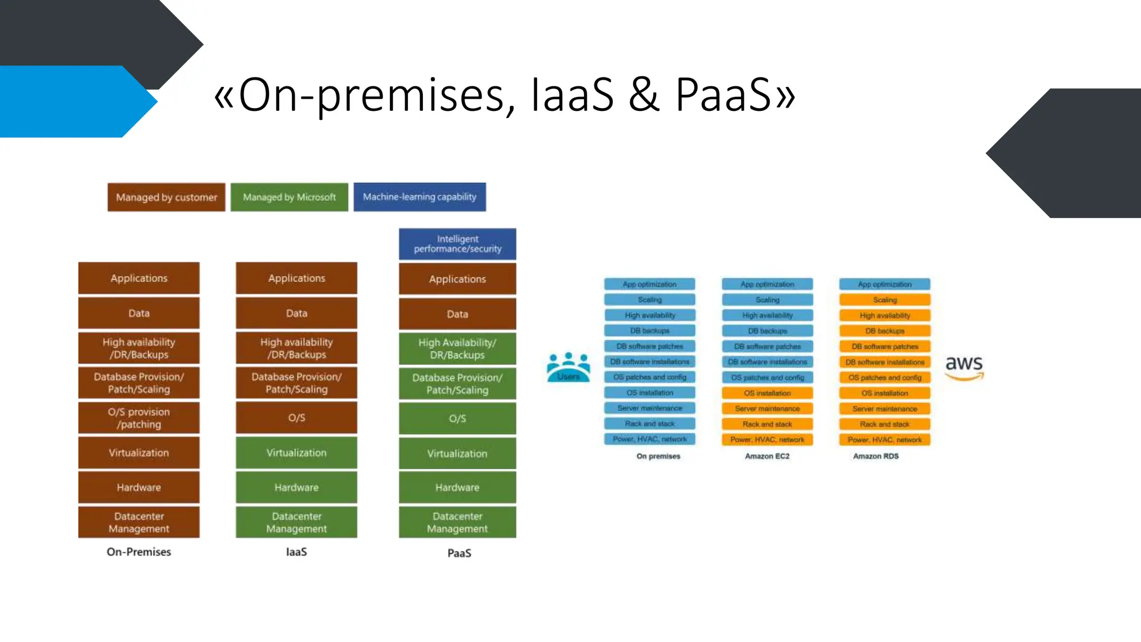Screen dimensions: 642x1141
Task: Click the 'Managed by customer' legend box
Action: pyautogui.click(x=166, y=197)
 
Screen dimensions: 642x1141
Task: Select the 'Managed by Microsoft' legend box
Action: pyautogui.click(x=289, y=197)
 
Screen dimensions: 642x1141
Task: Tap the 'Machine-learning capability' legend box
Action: pyautogui.click(x=420, y=197)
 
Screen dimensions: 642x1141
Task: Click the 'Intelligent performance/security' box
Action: pyautogui.click(x=457, y=244)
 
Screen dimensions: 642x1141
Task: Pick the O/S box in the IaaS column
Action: pyautogui.click(x=296, y=417)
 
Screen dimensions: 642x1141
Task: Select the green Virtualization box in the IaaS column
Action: pyautogui.click(x=296, y=453)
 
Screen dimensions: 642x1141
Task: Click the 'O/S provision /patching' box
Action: pyautogui.click(x=139, y=418)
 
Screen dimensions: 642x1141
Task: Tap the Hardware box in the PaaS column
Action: pyautogui.click(x=457, y=487)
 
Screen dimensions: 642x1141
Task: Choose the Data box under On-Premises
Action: pyautogui.click(x=139, y=313)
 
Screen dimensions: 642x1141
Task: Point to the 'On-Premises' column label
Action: pyautogui.click(x=139, y=552)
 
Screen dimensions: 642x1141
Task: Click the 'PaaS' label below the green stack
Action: pyautogui.click(x=459, y=553)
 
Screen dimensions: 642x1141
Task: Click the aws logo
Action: pyautogui.click(x=964, y=366)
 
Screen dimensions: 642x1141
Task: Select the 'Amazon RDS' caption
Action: pyautogui.click(x=876, y=456)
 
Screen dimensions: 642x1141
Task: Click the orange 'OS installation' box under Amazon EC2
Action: pyautogui.click(x=767, y=393)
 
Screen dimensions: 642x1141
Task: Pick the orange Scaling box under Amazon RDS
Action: pyautogui.click(x=885, y=300)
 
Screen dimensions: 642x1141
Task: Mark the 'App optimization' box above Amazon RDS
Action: pyautogui.click(x=885, y=284)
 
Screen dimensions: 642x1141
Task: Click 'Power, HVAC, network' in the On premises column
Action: pyautogui.click(x=650, y=439)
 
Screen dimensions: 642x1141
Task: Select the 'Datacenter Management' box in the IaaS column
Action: pyautogui.click(x=296, y=522)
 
